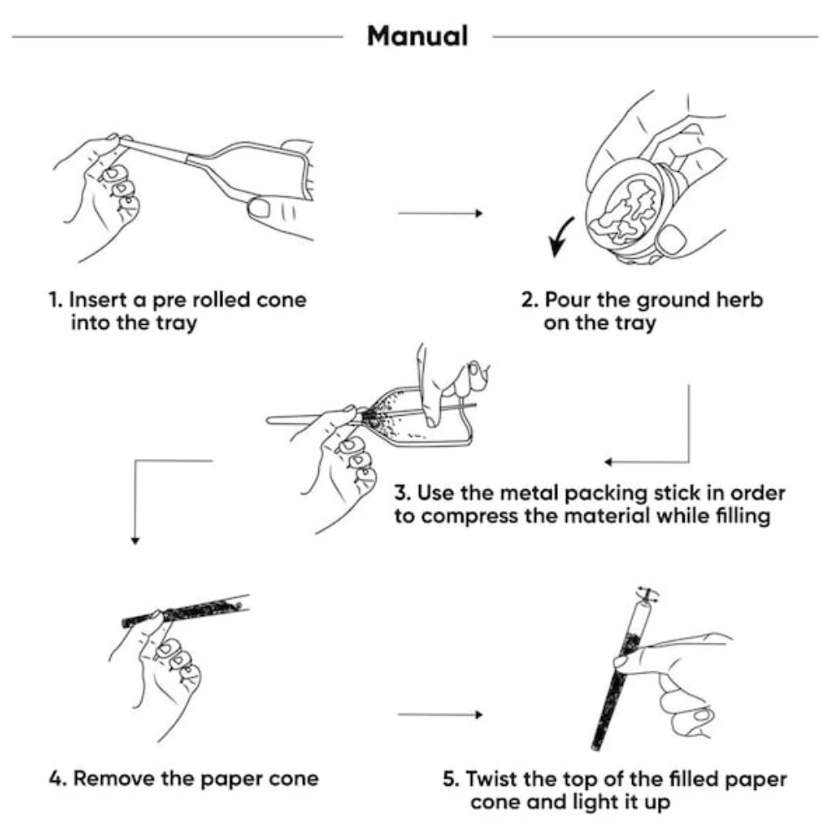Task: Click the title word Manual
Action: pos(417,37)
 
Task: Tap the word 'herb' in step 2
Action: pos(736,300)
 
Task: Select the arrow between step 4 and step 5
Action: pos(440,715)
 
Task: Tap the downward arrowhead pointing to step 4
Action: pos(134,540)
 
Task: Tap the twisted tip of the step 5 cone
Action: pos(643,595)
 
